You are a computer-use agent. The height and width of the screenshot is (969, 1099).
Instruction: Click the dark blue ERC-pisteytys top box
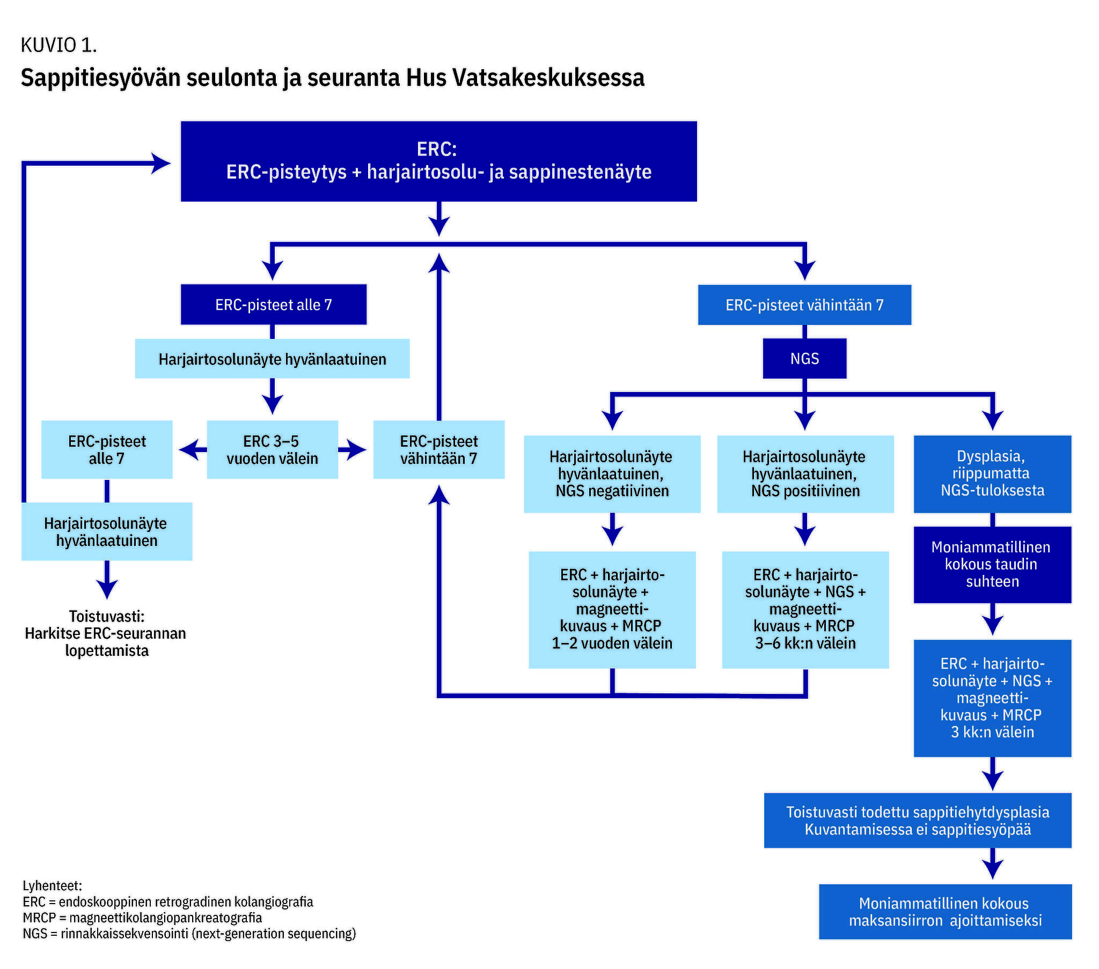[x=438, y=161]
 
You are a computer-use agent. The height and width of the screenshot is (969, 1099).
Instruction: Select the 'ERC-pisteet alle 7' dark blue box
[x=273, y=305]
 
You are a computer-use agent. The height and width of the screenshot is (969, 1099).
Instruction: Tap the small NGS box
[x=804, y=358]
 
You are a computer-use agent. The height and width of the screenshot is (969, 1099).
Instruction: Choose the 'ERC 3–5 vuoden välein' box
[x=272, y=450]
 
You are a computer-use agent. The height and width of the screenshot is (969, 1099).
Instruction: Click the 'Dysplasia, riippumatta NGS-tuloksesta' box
[x=992, y=474]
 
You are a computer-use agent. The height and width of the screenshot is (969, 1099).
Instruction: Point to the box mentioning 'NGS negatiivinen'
[x=612, y=474]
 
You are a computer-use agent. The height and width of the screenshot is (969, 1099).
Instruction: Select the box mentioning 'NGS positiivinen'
[x=805, y=474]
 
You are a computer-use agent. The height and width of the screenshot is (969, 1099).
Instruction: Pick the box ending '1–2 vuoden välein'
[x=612, y=610]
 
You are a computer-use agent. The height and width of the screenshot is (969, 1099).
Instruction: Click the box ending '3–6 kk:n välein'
[x=805, y=610]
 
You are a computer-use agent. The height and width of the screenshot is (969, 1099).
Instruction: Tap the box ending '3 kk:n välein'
[x=992, y=698]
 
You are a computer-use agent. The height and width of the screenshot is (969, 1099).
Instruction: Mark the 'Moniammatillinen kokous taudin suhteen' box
[x=992, y=564]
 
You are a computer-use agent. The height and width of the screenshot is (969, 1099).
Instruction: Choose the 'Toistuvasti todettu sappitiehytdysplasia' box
[x=917, y=820]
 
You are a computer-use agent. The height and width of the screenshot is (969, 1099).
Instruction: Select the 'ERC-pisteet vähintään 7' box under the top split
[x=804, y=305]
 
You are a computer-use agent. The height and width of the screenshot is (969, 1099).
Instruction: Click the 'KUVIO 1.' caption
[x=58, y=46]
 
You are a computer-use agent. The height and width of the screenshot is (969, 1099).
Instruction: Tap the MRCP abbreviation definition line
[x=143, y=918]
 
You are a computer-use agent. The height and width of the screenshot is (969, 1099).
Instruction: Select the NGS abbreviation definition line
[x=189, y=934]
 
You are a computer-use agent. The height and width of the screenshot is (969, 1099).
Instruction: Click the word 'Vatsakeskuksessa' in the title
[x=548, y=78]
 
